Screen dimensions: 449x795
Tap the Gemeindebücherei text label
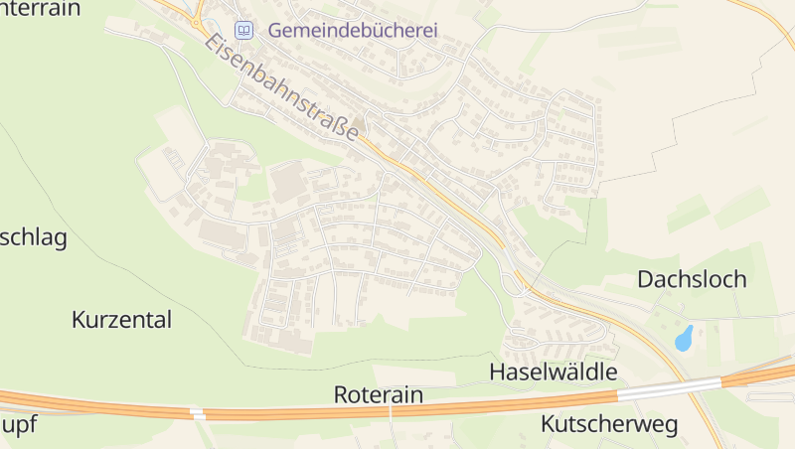click(x=353, y=31)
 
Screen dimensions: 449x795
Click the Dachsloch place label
click(x=692, y=279)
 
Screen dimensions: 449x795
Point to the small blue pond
click(x=684, y=338)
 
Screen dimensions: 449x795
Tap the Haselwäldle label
click(x=554, y=372)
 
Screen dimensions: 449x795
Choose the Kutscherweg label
click(x=608, y=424)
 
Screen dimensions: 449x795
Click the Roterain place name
click(x=378, y=394)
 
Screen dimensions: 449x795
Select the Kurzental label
click(x=122, y=320)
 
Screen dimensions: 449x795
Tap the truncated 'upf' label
click(x=19, y=425)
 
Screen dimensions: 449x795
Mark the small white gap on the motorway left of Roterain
click(x=197, y=411)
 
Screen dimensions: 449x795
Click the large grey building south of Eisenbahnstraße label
click(x=288, y=183)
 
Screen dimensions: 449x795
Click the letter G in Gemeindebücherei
click(x=275, y=31)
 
